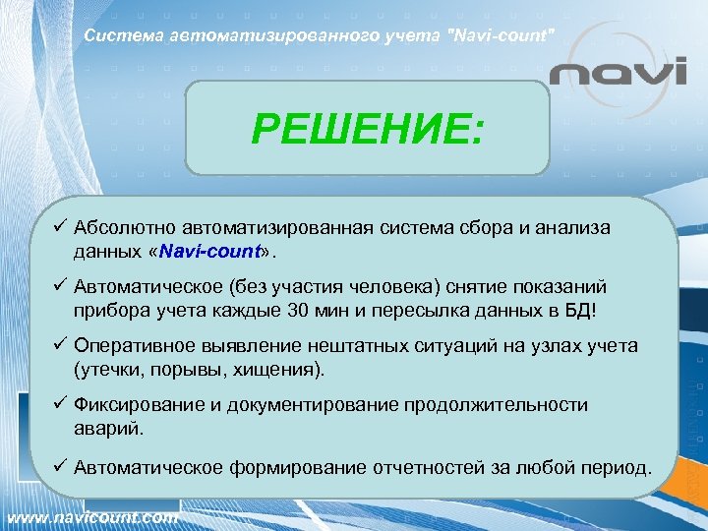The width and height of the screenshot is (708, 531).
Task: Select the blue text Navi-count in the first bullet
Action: pyautogui.click(x=209, y=251)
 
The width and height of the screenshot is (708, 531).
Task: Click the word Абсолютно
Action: pyautogui.click(x=121, y=228)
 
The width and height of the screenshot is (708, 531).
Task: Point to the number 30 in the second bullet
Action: pyautogui.click(x=306, y=310)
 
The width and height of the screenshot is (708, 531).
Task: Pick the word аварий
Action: pyautogui.click(x=105, y=428)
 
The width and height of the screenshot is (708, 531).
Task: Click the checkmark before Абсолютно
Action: pyautogui.click(x=60, y=228)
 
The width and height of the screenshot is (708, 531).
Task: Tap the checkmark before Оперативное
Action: pyautogui.click(x=60, y=346)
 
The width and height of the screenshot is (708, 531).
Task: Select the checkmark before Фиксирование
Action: pyautogui.click(x=60, y=405)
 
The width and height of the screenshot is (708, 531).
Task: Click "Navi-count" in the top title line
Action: pyautogui.click(x=501, y=36)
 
